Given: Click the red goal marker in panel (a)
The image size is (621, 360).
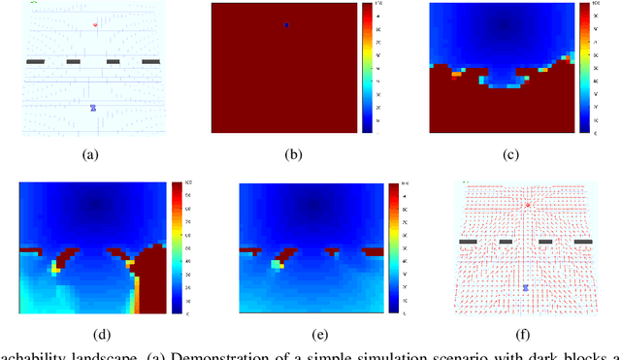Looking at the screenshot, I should click(94, 25).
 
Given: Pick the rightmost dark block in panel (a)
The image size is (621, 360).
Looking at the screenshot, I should click(151, 62).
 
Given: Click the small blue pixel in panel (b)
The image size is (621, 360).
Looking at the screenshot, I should click(287, 24).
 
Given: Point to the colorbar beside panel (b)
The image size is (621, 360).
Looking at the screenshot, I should click(366, 67).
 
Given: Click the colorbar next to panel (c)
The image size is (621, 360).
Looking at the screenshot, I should click(584, 67).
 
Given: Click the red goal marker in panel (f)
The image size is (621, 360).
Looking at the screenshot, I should click(528, 206).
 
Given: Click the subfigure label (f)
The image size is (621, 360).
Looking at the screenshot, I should click(528, 331).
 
